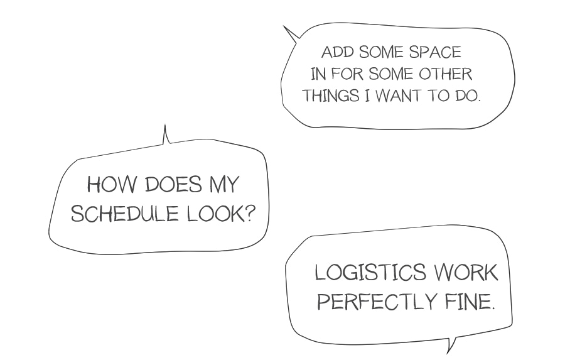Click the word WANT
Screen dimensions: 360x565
(400, 96)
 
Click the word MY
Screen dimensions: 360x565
(223, 186)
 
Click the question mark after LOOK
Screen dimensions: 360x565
(250, 214)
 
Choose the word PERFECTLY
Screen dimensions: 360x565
(373, 302)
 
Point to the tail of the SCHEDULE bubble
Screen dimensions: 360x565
(166, 135)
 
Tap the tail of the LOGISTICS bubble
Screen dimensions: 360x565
(449, 346)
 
